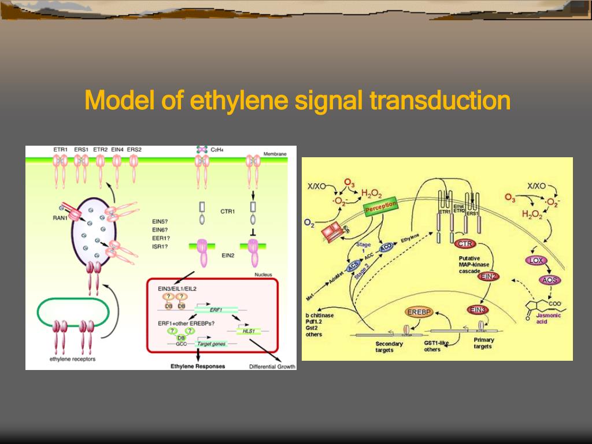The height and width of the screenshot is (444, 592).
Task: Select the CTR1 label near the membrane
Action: coord(227,212)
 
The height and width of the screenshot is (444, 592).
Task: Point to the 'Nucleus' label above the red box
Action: coord(263,275)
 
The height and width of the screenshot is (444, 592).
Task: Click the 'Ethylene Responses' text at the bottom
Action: coord(198,366)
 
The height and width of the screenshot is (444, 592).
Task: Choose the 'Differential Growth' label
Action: coord(272,367)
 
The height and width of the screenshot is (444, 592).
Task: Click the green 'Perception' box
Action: coord(381,206)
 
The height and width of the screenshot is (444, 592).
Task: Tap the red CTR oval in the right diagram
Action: coord(464,243)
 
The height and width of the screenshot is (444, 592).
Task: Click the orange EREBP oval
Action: coord(420,312)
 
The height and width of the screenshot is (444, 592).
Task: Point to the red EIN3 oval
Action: coord(478,310)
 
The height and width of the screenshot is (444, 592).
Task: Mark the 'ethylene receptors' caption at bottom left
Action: coord(72,359)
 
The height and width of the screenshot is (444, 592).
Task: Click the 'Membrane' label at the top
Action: coord(275,154)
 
